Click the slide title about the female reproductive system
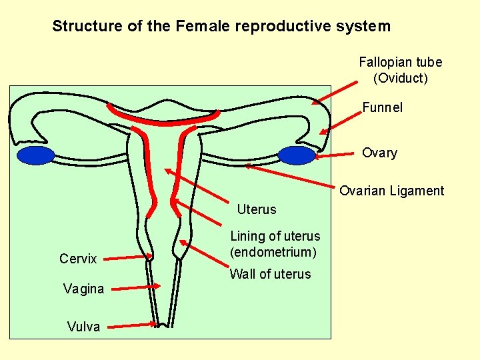(x=221, y=27)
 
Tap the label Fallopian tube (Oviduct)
(x=400, y=70)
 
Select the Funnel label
(x=382, y=107)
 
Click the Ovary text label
(x=379, y=153)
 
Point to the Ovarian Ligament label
(x=391, y=191)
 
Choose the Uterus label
(x=257, y=209)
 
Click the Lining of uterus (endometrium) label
(x=275, y=244)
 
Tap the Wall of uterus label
(x=270, y=274)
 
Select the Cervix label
(x=78, y=259)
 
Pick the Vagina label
(x=83, y=289)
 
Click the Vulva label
(x=83, y=326)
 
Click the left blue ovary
(x=35, y=156)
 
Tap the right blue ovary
(x=296, y=155)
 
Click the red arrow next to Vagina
(x=134, y=287)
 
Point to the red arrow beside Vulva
(x=132, y=325)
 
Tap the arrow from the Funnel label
(x=340, y=121)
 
